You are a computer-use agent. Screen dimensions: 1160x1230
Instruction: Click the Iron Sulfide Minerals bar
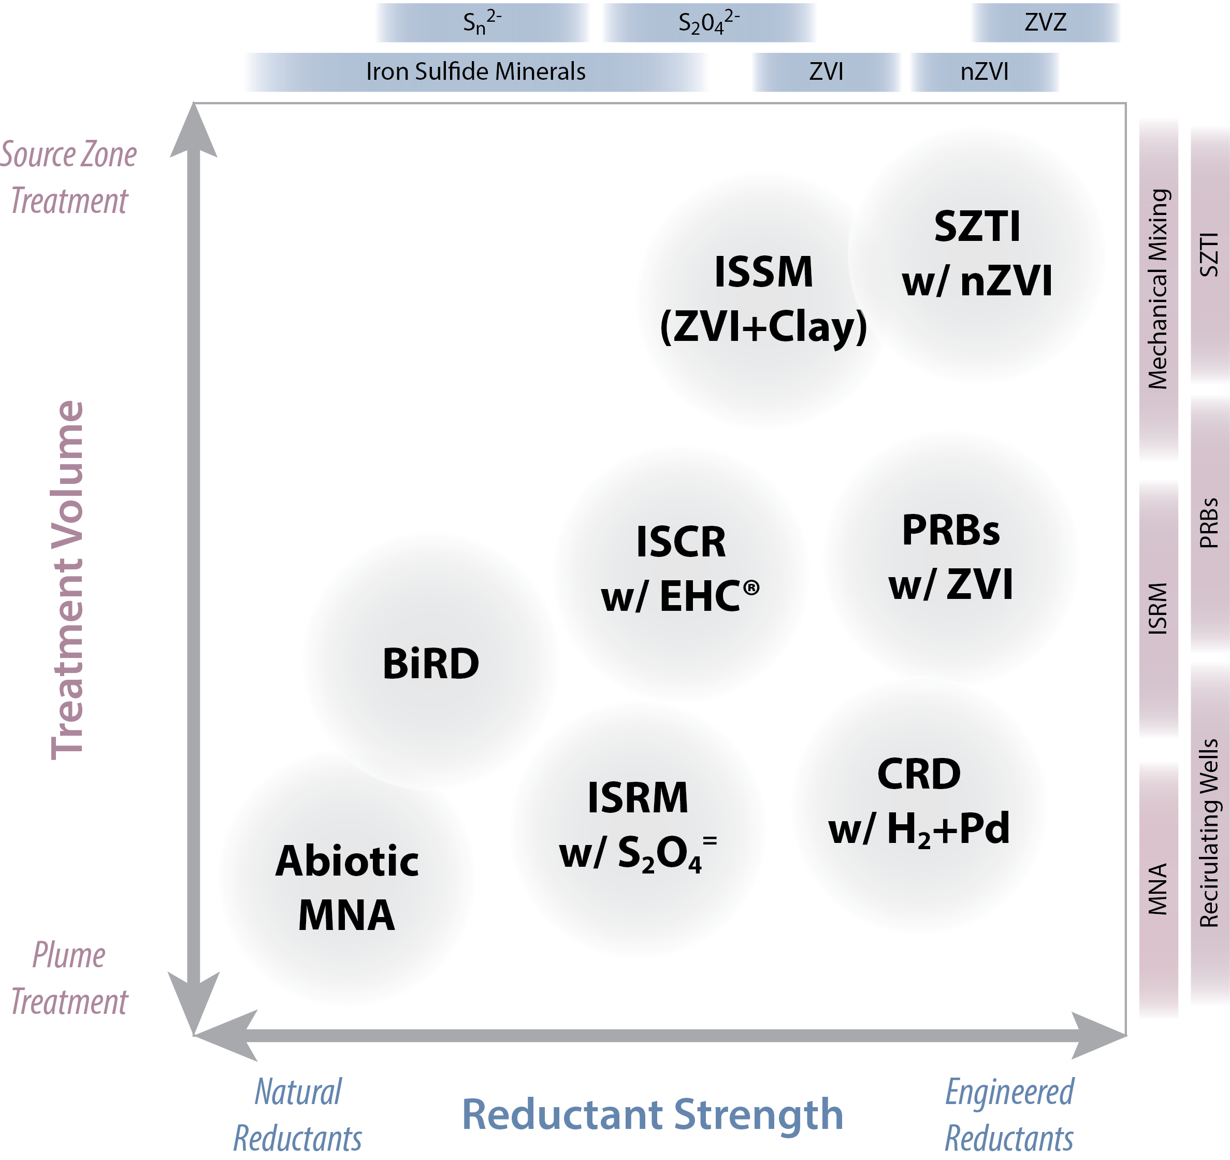click(475, 72)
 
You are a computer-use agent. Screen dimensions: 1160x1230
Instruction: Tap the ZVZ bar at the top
click(1045, 23)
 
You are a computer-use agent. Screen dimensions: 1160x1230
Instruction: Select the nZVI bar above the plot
click(984, 72)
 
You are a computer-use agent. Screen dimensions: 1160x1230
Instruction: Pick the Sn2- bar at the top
click(483, 23)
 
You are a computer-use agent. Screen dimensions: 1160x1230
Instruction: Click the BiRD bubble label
click(430, 664)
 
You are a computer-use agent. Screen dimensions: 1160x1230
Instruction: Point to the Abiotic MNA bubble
click(346, 887)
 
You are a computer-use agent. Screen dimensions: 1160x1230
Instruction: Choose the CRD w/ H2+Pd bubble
click(919, 801)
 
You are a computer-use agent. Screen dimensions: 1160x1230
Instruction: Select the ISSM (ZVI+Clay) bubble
click(763, 299)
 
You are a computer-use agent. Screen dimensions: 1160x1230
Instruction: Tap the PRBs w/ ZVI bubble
click(951, 557)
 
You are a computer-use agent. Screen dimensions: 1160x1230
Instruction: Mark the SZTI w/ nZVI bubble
click(977, 254)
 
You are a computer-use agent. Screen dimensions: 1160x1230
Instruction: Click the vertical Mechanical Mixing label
click(1157, 289)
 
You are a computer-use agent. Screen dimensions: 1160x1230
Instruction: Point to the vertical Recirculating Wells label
click(1209, 833)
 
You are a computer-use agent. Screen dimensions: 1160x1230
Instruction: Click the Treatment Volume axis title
click(67, 580)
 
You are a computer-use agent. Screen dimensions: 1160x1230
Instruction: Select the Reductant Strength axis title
click(653, 1114)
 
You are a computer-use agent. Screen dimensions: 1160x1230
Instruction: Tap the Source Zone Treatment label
click(69, 178)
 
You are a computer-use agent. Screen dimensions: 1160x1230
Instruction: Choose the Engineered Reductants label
click(1009, 1115)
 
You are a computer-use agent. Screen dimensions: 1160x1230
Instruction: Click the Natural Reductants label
click(298, 1115)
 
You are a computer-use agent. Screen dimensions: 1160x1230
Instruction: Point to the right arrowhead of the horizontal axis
click(1098, 1036)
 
